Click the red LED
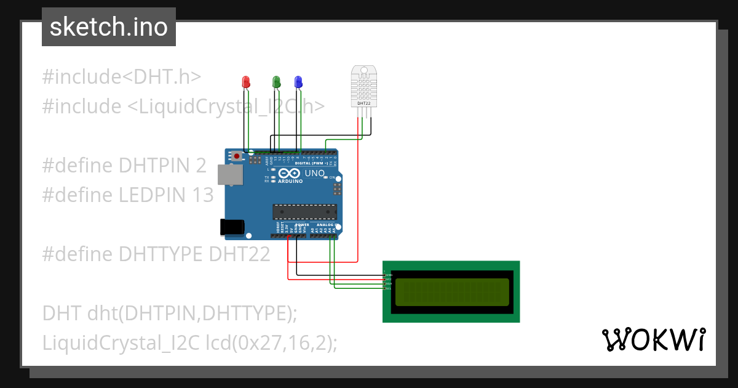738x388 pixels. coord(246,82)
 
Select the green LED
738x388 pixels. coord(276,81)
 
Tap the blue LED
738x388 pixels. coord(298,81)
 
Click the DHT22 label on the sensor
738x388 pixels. coord(363,103)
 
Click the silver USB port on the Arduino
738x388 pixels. coord(231,176)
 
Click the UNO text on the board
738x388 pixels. coord(314,174)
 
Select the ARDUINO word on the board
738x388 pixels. coord(290,182)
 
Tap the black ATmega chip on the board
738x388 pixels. coord(305,212)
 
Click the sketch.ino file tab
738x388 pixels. coord(109,27)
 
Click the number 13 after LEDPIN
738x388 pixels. coord(201,195)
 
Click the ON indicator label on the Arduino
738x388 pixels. coord(332,177)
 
